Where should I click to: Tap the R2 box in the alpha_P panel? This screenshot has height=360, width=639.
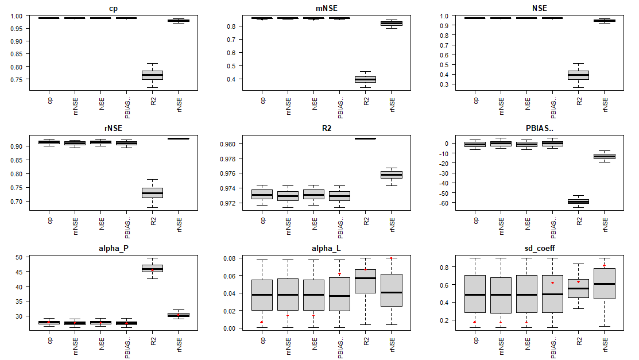(x=152, y=268)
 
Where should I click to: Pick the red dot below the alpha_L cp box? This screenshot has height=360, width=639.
(x=262, y=322)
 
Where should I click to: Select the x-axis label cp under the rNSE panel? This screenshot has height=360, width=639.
(x=49, y=220)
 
